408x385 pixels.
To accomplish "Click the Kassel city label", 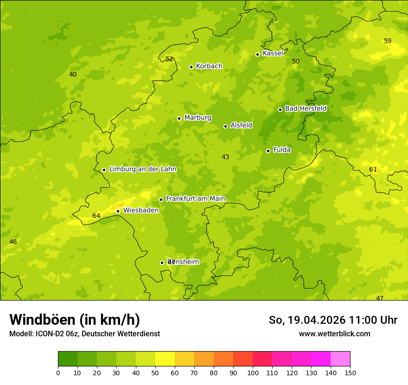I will point(273,53).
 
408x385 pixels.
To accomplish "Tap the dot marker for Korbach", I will point(191,67).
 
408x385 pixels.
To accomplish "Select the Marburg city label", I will point(198,118).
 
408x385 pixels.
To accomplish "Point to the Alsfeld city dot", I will point(225,126).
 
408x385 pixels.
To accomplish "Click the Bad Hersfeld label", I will point(306,109).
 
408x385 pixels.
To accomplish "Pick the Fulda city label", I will point(282,150).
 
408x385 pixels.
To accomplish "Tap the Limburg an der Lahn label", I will point(142,169).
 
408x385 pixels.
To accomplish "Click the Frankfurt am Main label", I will point(195,199).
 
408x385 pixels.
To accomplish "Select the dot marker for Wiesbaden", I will point(118,211).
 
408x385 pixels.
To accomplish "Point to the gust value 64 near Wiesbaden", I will point(96,216).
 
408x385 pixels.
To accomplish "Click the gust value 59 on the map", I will point(388,41).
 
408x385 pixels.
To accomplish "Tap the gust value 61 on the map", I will point(373,169).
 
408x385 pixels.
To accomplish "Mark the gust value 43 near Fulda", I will point(225,157).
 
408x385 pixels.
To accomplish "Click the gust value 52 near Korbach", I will point(169,59).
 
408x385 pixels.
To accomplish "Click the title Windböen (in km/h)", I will point(75,320).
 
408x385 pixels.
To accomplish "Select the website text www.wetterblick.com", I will point(334,334).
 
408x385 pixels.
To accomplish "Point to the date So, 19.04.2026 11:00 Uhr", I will point(333,320).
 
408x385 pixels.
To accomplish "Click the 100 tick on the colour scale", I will point(253,372).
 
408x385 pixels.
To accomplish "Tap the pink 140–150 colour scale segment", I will point(340,359).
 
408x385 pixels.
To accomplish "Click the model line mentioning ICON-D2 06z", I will point(84,334).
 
